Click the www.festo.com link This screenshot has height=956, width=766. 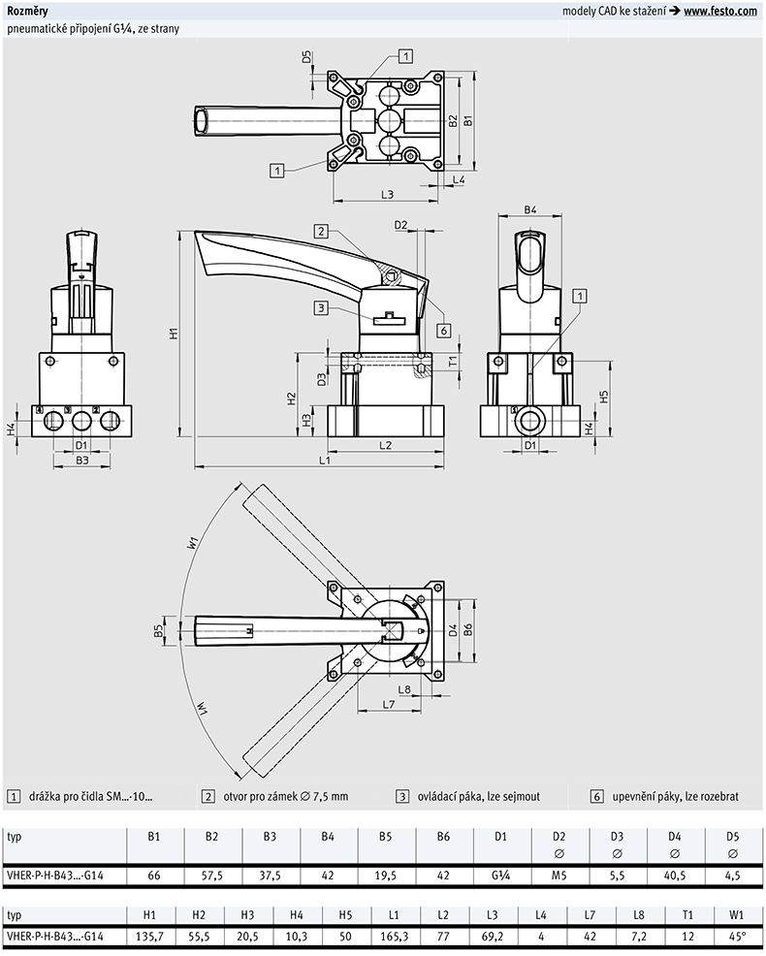tap(719, 11)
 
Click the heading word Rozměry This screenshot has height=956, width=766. tap(27, 11)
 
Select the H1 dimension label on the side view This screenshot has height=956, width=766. tap(174, 333)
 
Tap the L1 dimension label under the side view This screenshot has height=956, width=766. tap(325, 461)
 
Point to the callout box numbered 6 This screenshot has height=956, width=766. tap(444, 331)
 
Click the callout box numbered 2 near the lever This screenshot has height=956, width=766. tap(321, 231)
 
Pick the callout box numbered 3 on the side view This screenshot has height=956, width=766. tap(321, 308)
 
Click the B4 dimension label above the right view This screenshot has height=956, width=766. tap(530, 209)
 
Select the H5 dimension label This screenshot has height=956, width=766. tap(604, 397)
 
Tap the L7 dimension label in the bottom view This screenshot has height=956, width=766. tap(389, 704)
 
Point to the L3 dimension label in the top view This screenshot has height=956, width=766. tap(387, 195)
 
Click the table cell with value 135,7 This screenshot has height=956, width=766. tap(150, 936)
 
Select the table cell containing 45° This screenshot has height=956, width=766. tap(737, 936)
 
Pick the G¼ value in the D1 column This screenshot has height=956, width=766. tap(500, 875)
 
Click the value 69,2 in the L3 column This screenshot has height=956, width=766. tap(493, 936)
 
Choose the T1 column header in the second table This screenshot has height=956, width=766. tap(687, 914)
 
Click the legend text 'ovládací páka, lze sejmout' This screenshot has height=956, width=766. tap(479, 796)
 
